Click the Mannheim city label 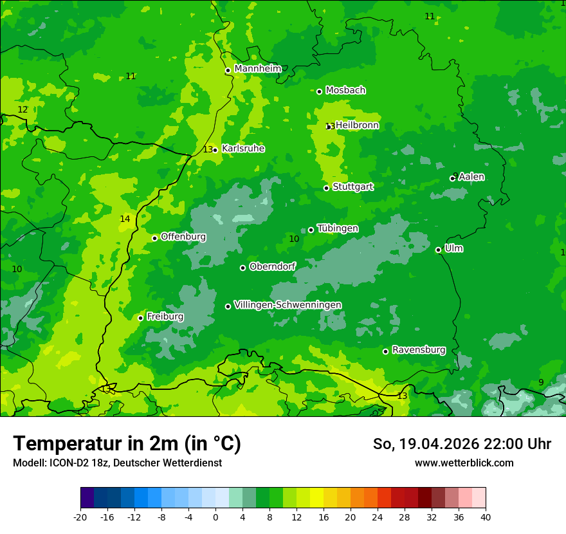258,69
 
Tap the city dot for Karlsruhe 215,150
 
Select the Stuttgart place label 353,187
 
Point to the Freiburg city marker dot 141,318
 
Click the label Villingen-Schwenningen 288,305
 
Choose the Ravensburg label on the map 419,351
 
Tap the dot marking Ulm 439,250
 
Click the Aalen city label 471,177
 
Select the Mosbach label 345,91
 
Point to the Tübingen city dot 311,230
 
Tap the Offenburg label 183,237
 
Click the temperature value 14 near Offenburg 125,219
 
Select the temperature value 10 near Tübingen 294,239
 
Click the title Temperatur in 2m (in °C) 127,443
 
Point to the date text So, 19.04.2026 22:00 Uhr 462,444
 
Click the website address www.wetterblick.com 464,463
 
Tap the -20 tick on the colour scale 80,517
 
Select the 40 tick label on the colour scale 486,517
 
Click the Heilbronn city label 357,125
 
